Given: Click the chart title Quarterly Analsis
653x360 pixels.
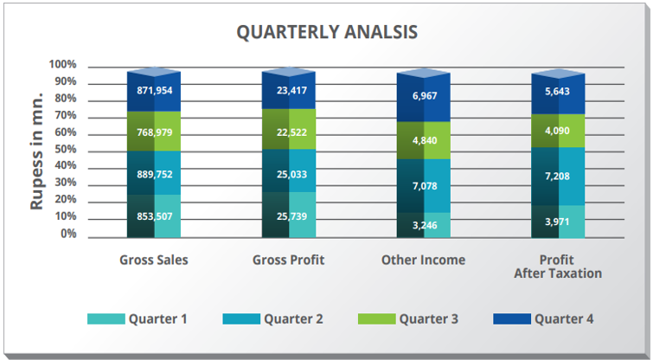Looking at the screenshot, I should [327, 32].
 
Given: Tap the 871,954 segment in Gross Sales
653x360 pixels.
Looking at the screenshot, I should [154, 90].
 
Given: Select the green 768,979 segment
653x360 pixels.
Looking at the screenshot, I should [154, 132].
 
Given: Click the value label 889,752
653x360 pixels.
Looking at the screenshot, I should [154, 173].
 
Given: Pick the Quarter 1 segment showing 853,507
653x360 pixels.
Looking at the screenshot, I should [154, 216].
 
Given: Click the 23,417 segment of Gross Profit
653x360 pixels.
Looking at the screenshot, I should [289, 90].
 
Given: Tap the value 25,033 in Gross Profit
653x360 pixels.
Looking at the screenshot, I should [289, 173].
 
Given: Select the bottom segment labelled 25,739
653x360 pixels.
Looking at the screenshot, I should [289, 216].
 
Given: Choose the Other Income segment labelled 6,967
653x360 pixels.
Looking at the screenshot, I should [424, 96].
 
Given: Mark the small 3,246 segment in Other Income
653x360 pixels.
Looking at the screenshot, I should [424, 226].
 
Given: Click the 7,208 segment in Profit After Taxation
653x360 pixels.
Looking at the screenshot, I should [559, 176].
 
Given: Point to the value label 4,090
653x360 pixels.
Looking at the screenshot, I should [559, 132].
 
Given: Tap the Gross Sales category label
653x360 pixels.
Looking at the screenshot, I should [154, 260].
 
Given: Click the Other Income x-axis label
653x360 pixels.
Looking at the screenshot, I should [424, 260].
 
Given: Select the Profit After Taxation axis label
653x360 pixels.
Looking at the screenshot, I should [558, 267].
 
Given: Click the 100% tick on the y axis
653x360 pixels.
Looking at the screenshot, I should [63, 65].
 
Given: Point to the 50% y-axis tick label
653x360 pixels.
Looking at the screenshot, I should [66, 150].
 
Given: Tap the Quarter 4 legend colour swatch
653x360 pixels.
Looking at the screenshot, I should [511, 318].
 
